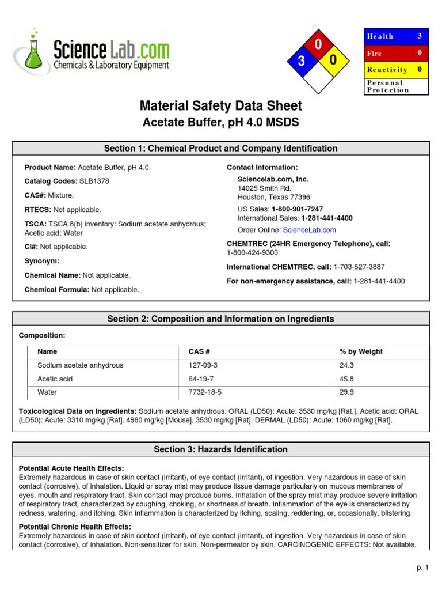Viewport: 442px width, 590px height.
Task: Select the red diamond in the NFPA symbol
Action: coord(318,45)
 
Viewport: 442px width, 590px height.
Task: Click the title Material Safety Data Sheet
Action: coord(220,106)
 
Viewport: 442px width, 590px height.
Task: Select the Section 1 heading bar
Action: coord(220,149)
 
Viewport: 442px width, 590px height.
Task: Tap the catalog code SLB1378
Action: coord(94,181)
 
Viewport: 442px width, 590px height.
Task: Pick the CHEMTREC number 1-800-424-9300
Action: coord(252,252)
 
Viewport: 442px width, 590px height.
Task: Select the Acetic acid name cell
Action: coord(55,379)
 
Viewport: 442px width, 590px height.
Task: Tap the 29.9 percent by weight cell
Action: coord(347,392)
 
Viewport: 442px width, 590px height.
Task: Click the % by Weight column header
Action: coord(361,351)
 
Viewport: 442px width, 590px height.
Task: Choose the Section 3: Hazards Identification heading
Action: coord(220,449)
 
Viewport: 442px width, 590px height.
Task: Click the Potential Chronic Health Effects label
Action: coord(75,527)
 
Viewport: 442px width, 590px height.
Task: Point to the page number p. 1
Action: coord(423,568)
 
